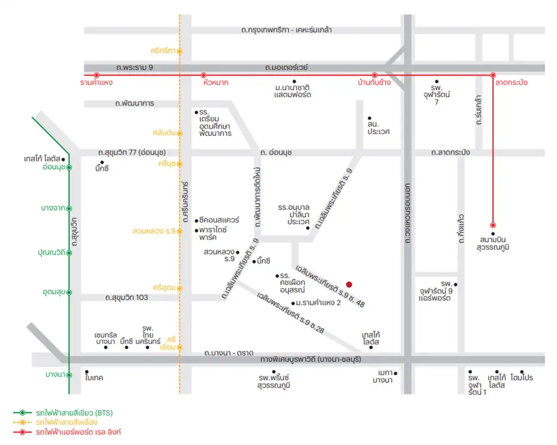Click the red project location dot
349,284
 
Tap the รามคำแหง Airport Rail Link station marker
96,75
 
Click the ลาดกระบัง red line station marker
492,75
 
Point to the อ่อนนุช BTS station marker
69,168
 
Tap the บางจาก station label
53,208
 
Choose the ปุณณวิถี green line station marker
69,252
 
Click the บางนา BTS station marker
69,374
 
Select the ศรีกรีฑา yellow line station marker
180,50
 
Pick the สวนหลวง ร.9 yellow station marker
180,230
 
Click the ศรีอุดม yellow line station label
164,288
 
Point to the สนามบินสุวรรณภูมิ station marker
492,225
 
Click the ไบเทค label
95,377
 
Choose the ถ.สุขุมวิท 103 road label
126,297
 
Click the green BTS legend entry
73,412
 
